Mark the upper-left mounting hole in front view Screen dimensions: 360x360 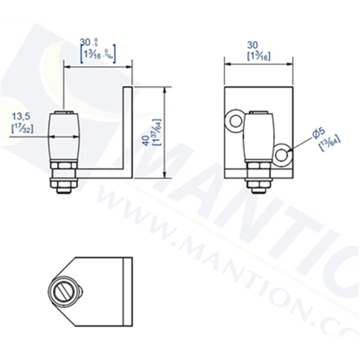tap(233, 122)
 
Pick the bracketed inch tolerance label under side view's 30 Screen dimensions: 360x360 tap(98, 55)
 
